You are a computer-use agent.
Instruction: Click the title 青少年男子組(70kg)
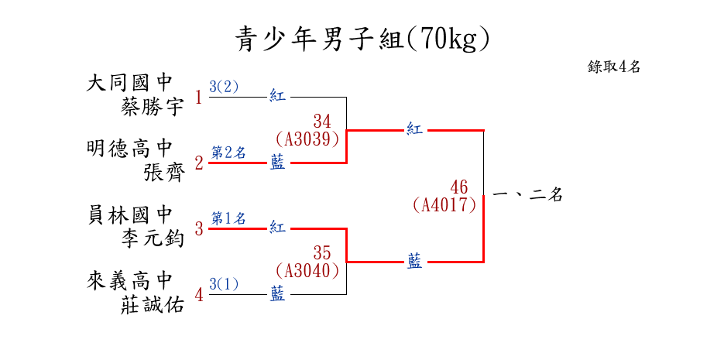362,39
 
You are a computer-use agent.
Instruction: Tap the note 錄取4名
614,67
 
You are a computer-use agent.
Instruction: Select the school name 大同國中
129,83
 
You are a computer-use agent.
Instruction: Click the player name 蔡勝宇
153,107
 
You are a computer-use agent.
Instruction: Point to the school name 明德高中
129,148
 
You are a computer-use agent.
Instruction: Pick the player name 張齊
165,172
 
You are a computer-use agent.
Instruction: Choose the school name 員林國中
129,214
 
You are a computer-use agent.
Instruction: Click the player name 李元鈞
153,238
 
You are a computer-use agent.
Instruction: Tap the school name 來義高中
129,279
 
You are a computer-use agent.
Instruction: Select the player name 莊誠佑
153,304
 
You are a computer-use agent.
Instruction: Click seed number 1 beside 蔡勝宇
198,98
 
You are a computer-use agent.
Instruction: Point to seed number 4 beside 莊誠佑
198,296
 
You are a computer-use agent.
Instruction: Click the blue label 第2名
228,153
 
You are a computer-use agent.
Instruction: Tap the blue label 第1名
228,218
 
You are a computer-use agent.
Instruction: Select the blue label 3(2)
224,87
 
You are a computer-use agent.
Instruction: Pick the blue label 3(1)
224,284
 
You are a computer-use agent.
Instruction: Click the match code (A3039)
307,139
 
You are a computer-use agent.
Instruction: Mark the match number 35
322,253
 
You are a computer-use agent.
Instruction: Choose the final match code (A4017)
444,205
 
